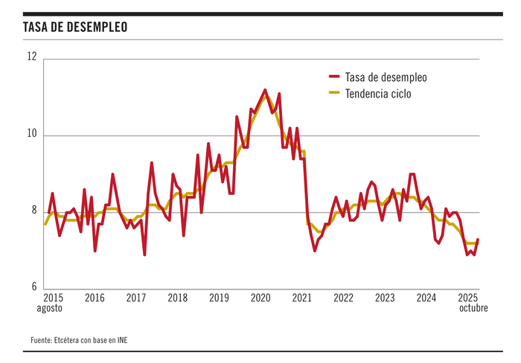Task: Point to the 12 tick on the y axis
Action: [x=32, y=56]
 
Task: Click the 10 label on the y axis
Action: [x=32, y=135]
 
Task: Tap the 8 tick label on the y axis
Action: [x=33, y=211]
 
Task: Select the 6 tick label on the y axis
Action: [x=33, y=287]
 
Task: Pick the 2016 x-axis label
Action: [x=95, y=298]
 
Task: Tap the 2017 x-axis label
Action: [x=136, y=298]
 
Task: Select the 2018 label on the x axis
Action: [x=177, y=298]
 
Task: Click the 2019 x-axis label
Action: [x=219, y=298]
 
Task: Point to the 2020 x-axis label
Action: [x=260, y=298]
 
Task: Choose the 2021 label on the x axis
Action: [x=301, y=298]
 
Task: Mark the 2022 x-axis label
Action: [x=343, y=298]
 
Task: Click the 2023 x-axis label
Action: [x=385, y=298]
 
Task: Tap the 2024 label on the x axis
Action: [x=426, y=298]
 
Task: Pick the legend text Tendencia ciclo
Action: [x=379, y=94]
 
